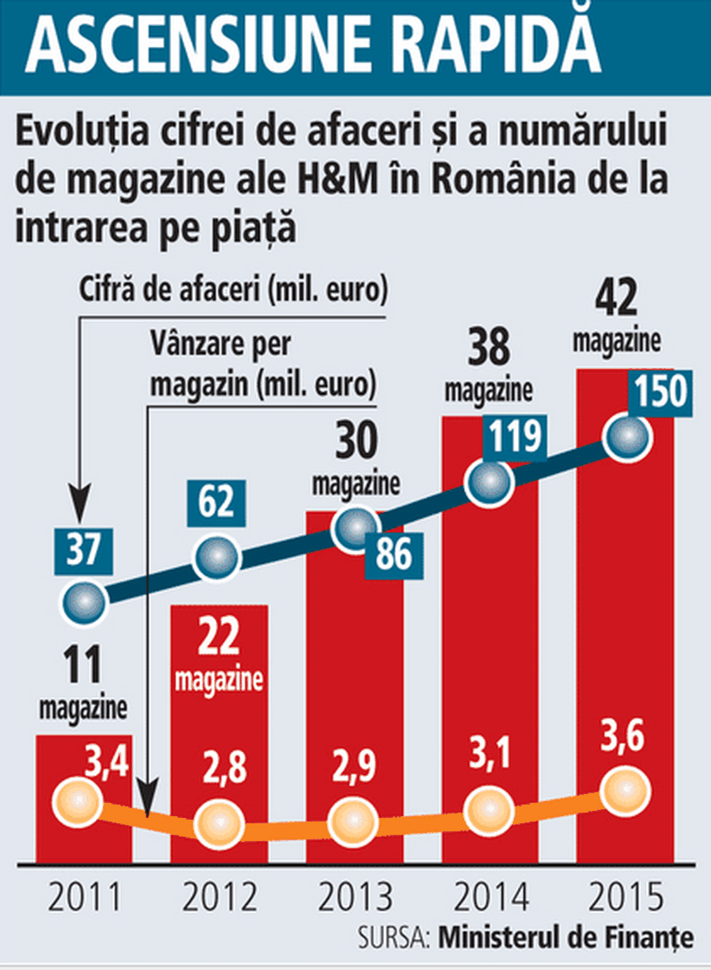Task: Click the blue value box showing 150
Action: (659, 392)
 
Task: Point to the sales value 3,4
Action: (107, 761)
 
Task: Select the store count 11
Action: (82, 666)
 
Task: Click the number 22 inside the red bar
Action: (218, 638)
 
